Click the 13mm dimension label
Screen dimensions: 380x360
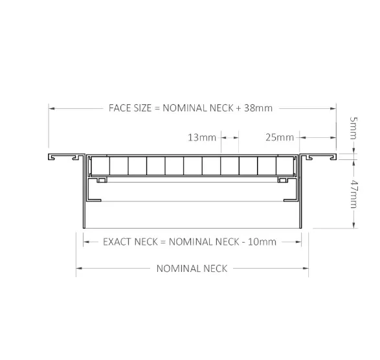tap(202, 137)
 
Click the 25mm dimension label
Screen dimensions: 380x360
tap(280, 137)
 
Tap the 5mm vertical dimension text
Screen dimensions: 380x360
tap(353, 128)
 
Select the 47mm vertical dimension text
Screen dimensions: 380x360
tap(353, 194)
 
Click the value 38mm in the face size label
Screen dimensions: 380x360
tap(258, 108)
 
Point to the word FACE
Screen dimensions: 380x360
tap(118, 108)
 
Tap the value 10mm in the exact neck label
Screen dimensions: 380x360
tap(262, 242)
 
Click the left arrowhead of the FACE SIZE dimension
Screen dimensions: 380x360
tap(51, 108)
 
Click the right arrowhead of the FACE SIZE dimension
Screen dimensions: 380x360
tap(333, 108)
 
